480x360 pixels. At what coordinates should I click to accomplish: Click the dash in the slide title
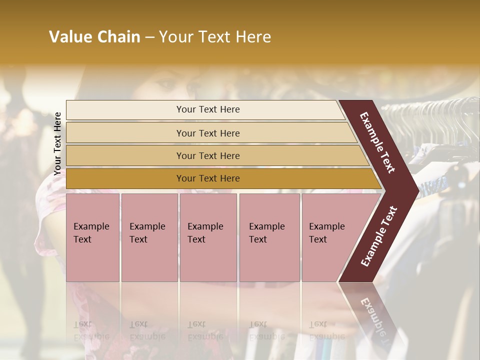[149, 37]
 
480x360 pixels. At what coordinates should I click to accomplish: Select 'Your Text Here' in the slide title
[215, 37]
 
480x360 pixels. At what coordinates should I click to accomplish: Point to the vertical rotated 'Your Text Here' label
[57, 143]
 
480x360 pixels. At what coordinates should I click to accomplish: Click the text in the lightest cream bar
[208, 109]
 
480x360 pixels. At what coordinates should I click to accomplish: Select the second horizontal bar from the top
[208, 133]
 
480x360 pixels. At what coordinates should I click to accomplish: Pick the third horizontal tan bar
[208, 156]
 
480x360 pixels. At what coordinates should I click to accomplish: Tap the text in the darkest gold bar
[208, 178]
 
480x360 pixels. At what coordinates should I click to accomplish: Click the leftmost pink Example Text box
[92, 237]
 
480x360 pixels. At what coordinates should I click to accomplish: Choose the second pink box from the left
[149, 237]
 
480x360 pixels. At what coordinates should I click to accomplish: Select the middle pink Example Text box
[207, 237]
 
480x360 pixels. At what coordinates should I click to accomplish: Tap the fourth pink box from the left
[269, 237]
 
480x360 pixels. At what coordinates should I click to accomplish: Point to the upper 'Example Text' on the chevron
[377, 142]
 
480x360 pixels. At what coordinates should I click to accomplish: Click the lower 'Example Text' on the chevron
[379, 236]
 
